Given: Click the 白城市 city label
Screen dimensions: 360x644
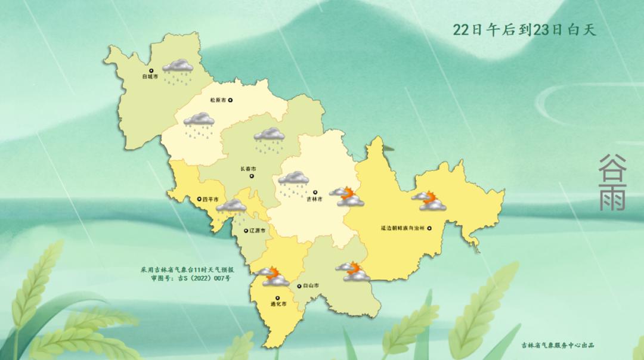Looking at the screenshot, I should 150,77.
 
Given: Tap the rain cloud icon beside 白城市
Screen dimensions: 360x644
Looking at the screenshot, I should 178,69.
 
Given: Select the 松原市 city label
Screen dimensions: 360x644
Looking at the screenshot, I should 219,101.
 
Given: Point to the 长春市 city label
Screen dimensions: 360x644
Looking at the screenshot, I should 248,169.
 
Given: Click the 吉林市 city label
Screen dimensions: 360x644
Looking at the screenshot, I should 315,199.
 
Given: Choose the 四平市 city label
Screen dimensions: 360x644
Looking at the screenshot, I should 210,199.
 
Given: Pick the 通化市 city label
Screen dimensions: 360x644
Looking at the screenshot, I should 278,304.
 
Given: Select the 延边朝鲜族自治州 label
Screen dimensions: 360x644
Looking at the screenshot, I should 402,227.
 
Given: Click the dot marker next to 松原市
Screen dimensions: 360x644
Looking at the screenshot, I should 231,101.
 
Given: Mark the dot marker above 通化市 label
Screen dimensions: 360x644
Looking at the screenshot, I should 277,297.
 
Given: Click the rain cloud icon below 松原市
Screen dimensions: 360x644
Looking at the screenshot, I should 199,123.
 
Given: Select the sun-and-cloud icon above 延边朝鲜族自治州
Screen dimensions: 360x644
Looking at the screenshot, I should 430,201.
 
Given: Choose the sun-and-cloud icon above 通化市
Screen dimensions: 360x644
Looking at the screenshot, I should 271,277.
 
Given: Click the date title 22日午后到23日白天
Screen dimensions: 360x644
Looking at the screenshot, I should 524,30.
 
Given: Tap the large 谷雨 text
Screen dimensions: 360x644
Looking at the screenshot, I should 612,182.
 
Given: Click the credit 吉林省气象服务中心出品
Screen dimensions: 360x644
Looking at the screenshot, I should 558,345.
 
